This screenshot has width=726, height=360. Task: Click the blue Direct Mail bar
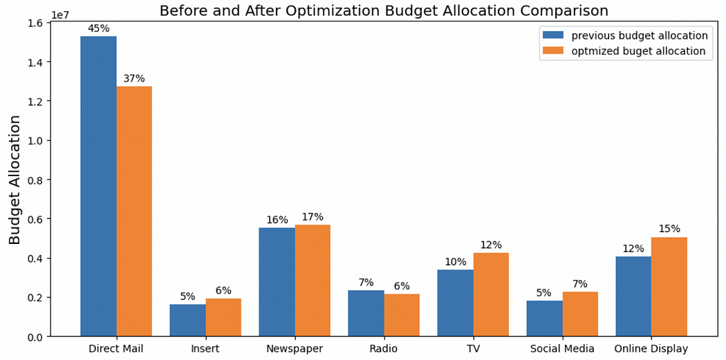coord(99,186)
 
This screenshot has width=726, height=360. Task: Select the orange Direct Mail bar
coord(134,211)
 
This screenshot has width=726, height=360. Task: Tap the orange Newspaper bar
coord(313,281)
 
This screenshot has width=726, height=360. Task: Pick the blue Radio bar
coord(366,313)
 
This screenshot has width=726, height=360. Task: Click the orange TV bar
coord(491,294)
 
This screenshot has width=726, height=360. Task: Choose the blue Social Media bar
coord(545,319)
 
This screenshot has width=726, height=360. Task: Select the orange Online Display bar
coord(669,287)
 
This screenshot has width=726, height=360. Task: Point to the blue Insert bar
coord(187,320)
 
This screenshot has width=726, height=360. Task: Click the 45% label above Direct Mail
coord(99,29)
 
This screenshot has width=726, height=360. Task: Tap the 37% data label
coord(134,79)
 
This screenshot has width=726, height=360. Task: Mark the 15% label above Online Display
coord(669,229)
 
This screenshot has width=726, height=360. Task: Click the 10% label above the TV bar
coord(456,262)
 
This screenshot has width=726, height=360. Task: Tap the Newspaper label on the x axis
coord(295,348)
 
